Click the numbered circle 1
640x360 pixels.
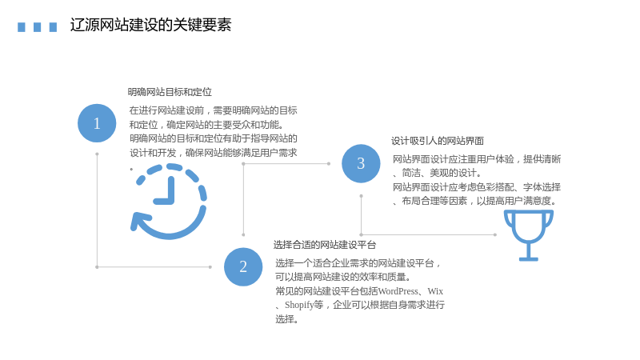[x=97, y=123]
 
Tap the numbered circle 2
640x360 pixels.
[x=243, y=266]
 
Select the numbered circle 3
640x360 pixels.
[x=361, y=163]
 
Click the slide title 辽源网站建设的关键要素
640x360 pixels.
[x=150, y=25]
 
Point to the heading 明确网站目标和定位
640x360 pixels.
[x=170, y=92]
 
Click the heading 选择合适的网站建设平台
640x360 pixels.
[x=325, y=245]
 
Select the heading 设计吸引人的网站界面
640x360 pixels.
[x=438, y=141]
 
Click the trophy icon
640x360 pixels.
[x=529, y=235]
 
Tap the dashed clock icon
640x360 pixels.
[x=169, y=202]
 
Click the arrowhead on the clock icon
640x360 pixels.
[x=138, y=222]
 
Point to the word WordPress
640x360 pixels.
[x=398, y=291]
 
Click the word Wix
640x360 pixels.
[x=435, y=291]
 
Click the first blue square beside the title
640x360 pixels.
[x=22, y=27]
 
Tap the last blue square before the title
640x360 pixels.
[x=53, y=27]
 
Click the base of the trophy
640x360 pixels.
[x=529, y=258]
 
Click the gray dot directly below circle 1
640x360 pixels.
[x=97, y=154]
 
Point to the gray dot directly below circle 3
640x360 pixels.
[x=361, y=196]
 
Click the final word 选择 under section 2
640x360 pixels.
[x=285, y=319]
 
